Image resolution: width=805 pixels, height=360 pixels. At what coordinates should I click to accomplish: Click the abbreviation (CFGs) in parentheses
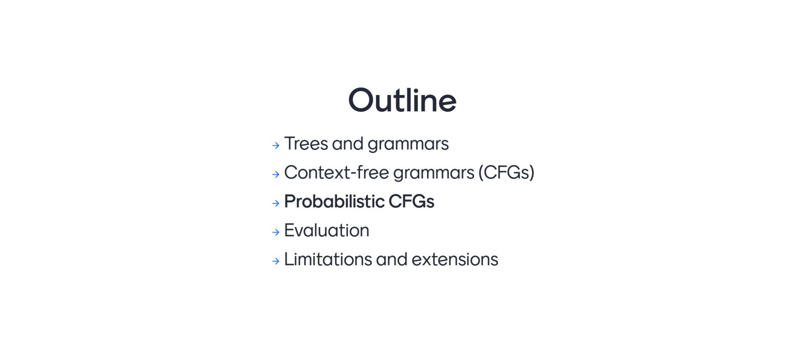coord(506,172)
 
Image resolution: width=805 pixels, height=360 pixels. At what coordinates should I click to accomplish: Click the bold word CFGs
coord(411,202)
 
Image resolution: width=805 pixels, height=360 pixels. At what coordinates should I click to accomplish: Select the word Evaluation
coord(327,230)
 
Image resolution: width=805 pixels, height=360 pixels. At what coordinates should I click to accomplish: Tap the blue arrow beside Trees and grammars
coord(276,145)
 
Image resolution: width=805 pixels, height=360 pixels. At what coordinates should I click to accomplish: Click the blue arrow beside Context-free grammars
coord(276,174)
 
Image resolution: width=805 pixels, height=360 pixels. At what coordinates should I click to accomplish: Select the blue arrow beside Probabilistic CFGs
coord(276,203)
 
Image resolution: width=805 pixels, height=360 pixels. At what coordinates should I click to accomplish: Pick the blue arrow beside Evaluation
coord(276,232)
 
